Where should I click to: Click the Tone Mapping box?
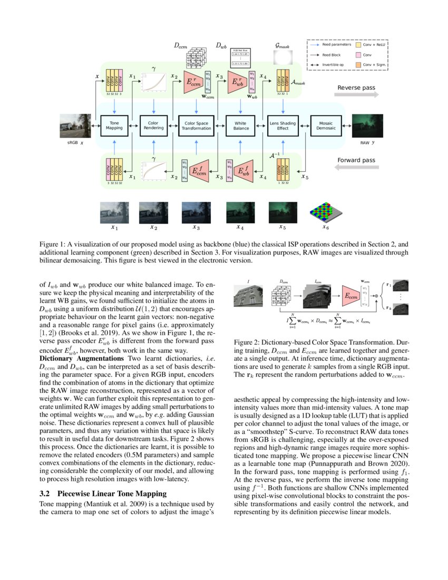(x=114, y=125)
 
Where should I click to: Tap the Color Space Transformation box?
(x=196, y=125)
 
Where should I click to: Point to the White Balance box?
(x=240, y=125)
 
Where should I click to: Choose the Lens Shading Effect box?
(x=283, y=125)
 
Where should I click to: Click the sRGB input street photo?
(x=75, y=127)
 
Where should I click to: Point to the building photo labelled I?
(x=248, y=298)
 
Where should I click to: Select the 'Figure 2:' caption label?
(x=247, y=342)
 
